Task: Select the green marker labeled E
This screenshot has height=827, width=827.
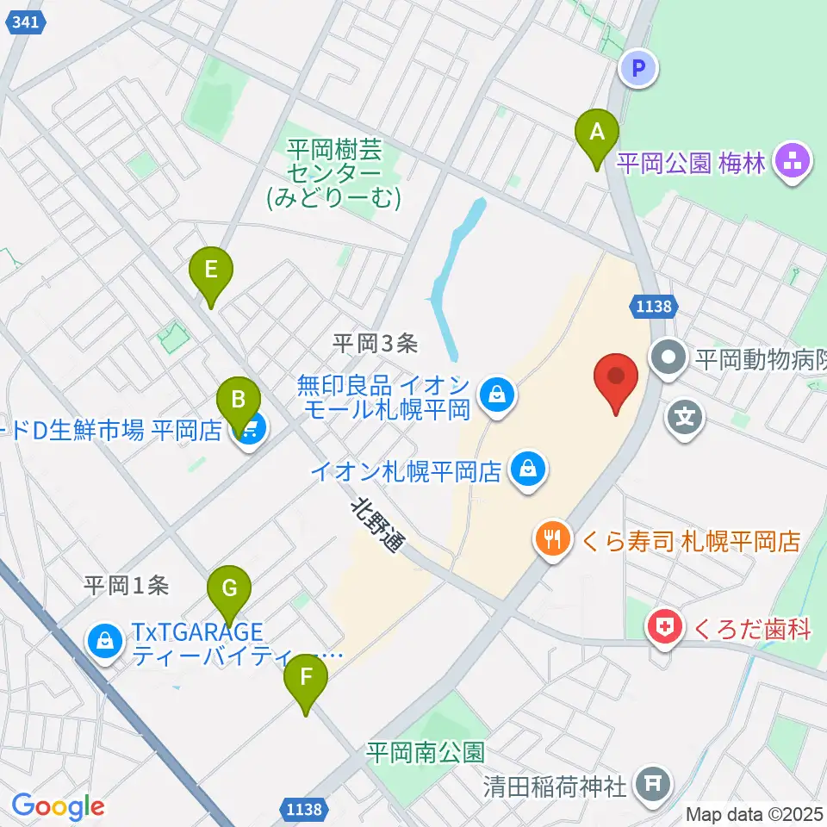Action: [210, 270]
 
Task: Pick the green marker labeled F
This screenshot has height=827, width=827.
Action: [306, 678]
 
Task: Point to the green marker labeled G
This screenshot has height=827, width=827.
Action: [229, 590]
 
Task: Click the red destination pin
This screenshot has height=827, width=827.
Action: [616, 379]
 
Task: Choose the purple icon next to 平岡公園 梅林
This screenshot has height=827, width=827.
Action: [789, 161]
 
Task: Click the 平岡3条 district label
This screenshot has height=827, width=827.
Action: [375, 343]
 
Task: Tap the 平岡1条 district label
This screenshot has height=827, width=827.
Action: [126, 586]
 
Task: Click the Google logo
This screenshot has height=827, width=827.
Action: [58, 806]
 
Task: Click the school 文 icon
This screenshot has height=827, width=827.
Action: [685, 420]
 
